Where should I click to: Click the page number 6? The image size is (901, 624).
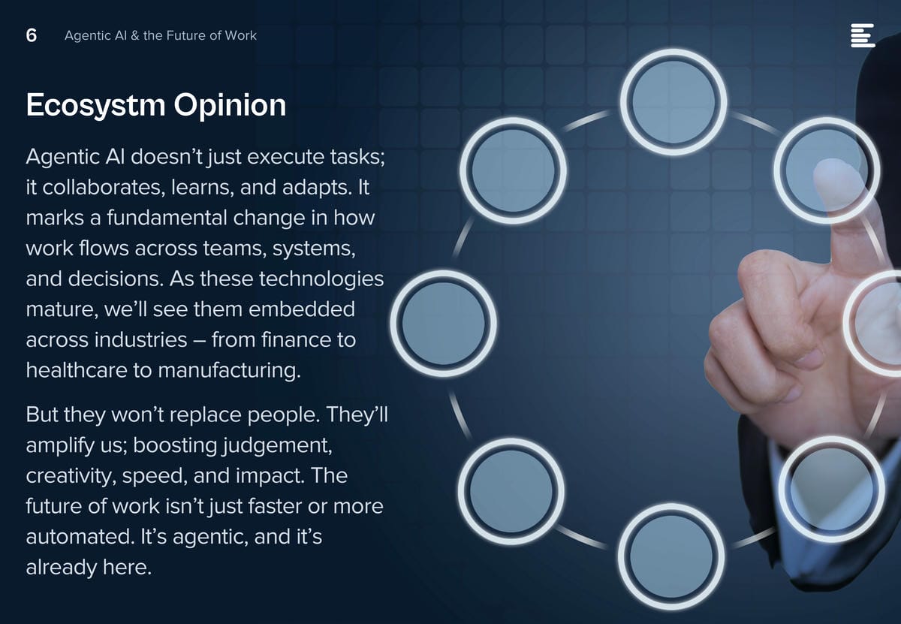point(32,35)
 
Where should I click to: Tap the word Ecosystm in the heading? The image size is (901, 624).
point(96,105)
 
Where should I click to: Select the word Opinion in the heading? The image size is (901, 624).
point(230,105)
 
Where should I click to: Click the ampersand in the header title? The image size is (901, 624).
point(135,35)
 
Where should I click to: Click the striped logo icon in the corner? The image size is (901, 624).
point(863,35)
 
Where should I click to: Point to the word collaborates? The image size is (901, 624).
point(104,188)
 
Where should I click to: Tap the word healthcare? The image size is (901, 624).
point(77,370)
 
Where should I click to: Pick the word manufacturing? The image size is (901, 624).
point(229,370)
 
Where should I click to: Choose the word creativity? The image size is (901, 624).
point(71,476)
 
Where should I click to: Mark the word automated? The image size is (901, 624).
point(80,537)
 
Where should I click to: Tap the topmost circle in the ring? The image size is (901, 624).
point(673,102)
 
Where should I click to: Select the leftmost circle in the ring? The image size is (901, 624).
point(443,324)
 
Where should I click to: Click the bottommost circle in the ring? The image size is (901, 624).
point(671,556)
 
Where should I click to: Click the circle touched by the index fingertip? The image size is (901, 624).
point(827,170)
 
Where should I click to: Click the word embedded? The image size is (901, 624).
point(302,309)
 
